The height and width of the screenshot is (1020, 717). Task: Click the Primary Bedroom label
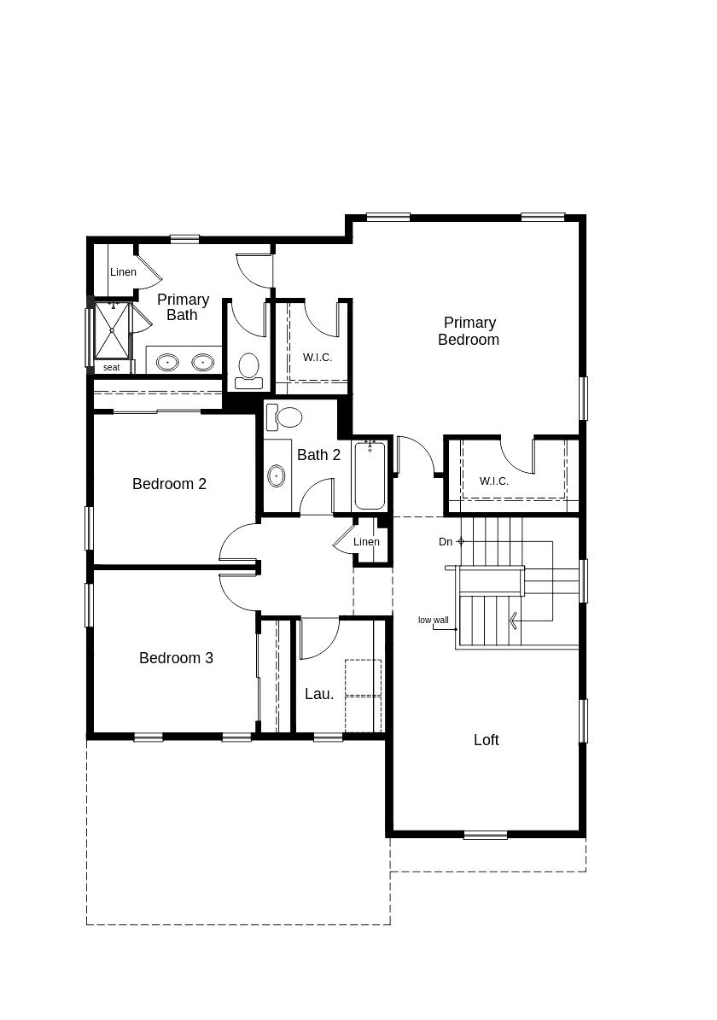[x=469, y=331]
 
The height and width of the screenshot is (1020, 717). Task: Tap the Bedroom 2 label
[x=169, y=484]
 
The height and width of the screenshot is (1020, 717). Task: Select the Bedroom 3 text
[x=176, y=658]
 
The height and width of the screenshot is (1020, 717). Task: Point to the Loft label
[x=486, y=740]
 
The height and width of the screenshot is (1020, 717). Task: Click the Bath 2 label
[x=318, y=455]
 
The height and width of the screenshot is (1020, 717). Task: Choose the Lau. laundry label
[x=319, y=694]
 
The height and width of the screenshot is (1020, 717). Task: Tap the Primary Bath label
[x=182, y=307]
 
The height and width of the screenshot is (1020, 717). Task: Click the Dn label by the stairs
[x=446, y=542]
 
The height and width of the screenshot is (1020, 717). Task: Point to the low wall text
[x=433, y=621]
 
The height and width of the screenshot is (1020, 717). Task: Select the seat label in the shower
[x=112, y=368]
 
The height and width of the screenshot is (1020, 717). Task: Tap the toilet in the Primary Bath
[x=248, y=368]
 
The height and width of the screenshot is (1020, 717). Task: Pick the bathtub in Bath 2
[x=370, y=475]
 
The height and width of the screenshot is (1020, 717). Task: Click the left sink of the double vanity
[x=167, y=363]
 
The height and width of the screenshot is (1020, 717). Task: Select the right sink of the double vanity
[x=202, y=363]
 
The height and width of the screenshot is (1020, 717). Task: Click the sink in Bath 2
[x=277, y=475]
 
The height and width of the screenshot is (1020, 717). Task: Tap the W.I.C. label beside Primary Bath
[x=318, y=358]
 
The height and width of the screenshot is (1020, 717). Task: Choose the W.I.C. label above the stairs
[x=494, y=481]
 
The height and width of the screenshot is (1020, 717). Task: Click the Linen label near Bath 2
[x=366, y=542]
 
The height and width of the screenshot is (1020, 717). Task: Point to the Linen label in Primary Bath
[x=123, y=272]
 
